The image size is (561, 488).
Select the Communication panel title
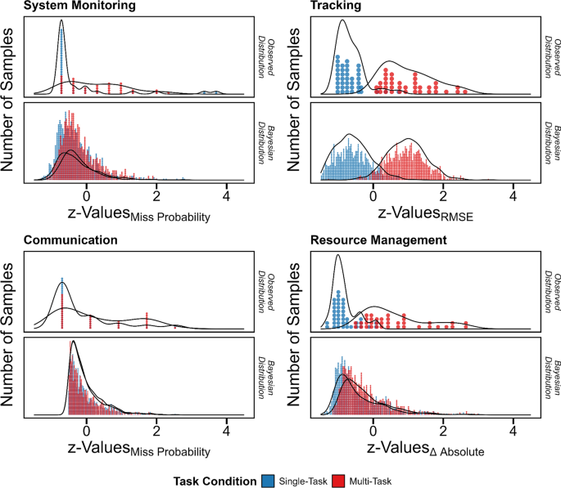pyautogui.click(x=74, y=240)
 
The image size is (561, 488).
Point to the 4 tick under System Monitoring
pyautogui.click(x=226, y=195)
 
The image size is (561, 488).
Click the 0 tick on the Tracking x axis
pyautogui.click(x=373, y=195)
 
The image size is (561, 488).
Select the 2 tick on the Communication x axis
pyautogui.click(x=156, y=431)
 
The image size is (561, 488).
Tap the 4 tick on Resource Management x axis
pyautogui.click(x=513, y=431)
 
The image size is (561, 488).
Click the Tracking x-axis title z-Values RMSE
pyautogui.click(x=421, y=214)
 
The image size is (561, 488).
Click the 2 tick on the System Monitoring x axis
pyautogui.click(x=156, y=195)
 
